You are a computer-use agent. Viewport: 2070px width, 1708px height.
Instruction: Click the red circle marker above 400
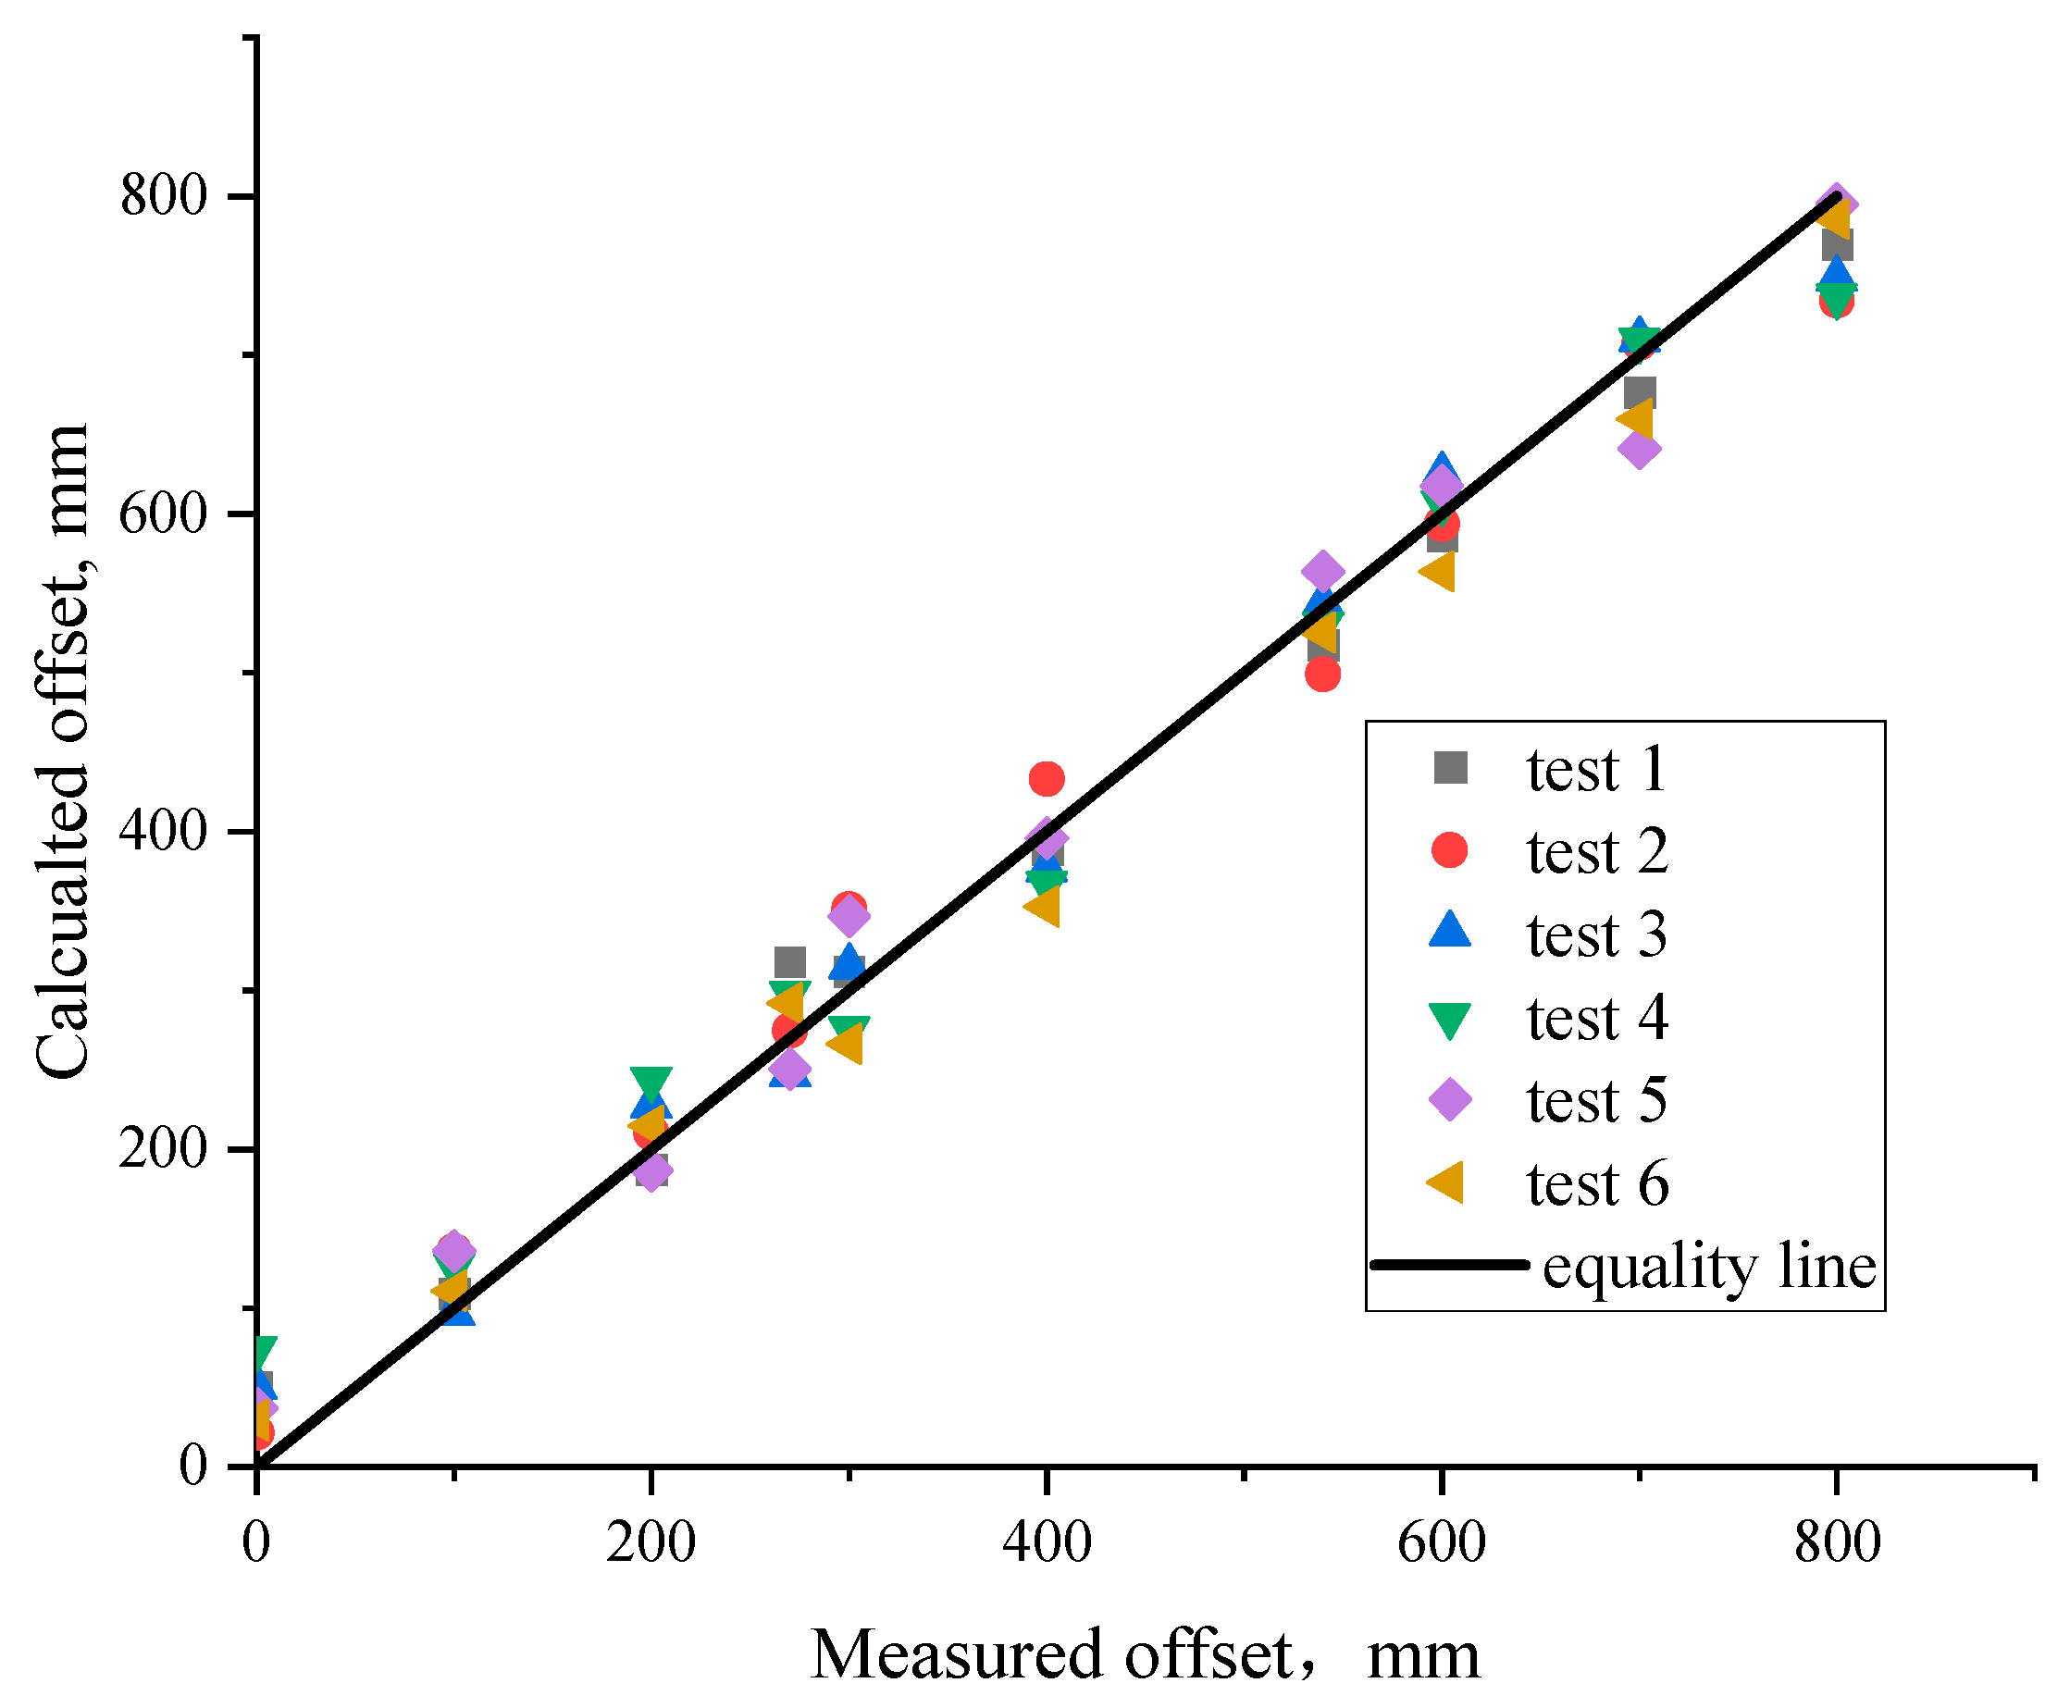coord(1045,778)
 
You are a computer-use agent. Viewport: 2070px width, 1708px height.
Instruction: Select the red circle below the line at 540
coord(1322,674)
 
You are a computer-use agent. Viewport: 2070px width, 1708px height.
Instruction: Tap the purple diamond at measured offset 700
coord(1637,449)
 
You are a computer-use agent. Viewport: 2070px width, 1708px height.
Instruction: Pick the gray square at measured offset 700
coord(1638,392)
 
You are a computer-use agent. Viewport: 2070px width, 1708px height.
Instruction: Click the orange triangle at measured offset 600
coord(1438,571)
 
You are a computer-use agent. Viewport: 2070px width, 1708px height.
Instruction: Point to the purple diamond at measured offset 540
coord(1322,571)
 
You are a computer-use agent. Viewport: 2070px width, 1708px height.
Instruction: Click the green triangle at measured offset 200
coord(651,1081)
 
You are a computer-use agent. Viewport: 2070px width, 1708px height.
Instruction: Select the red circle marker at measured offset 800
coord(1836,302)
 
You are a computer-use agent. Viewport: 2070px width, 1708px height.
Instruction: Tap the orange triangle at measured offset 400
coord(1043,906)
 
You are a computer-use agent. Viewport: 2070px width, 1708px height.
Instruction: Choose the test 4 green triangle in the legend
coord(1449,1021)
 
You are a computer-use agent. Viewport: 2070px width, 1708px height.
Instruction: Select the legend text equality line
coord(1709,1267)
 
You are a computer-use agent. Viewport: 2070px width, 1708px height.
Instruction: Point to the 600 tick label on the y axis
coord(162,514)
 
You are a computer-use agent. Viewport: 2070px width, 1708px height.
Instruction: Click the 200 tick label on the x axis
coord(651,1541)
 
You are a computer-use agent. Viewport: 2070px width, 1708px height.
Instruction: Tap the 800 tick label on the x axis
coord(1836,1541)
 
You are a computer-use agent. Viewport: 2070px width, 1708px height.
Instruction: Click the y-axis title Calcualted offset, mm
coord(61,752)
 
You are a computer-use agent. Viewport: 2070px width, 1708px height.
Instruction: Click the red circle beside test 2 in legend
coord(1449,849)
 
